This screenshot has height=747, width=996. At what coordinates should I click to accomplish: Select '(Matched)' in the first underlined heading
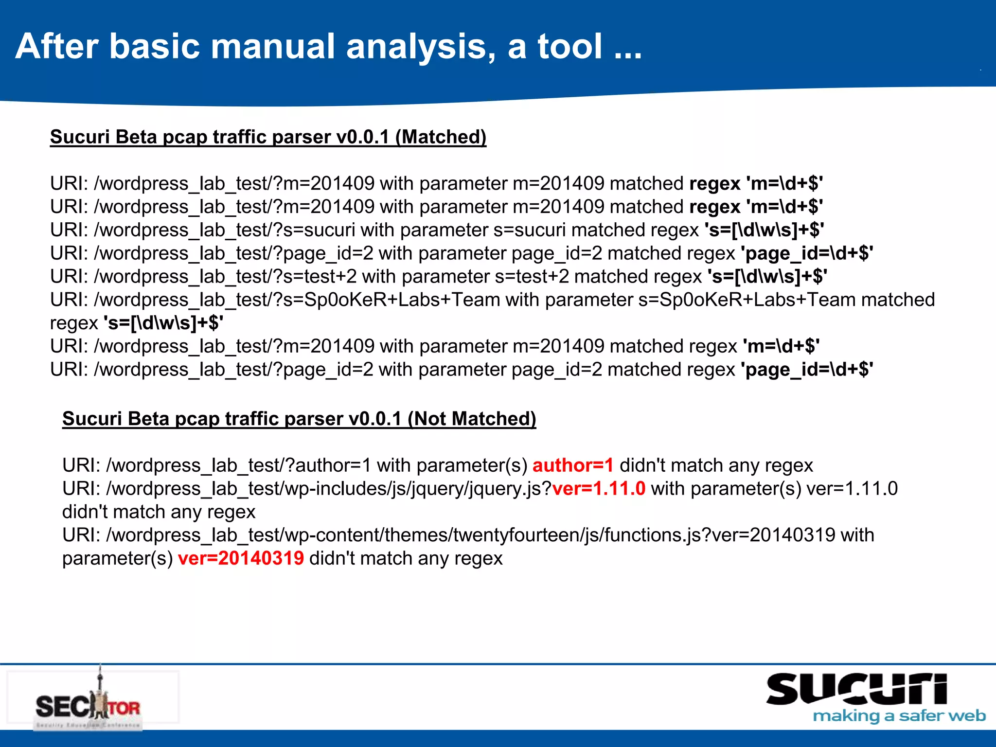click(441, 137)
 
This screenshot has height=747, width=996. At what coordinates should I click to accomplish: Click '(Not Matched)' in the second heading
click(471, 419)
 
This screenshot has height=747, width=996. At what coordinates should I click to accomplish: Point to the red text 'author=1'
click(573, 465)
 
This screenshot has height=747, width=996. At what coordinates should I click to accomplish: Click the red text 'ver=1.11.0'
click(599, 489)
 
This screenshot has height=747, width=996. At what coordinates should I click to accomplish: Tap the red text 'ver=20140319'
click(241, 558)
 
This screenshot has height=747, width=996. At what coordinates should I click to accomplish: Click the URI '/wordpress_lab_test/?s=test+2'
click(225, 277)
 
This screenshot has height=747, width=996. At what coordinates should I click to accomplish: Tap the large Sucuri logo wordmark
click(856, 690)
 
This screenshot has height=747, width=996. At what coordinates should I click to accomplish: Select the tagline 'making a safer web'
click(899, 716)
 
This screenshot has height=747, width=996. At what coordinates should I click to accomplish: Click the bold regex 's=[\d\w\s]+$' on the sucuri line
click(764, 230)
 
